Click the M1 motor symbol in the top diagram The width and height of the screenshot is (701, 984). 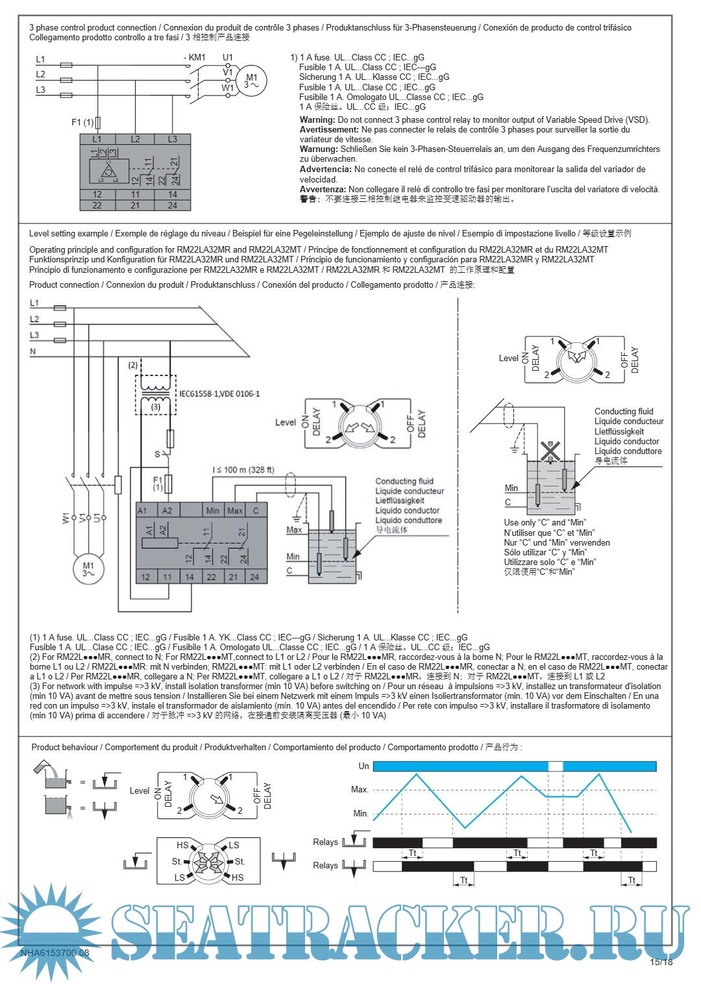point(251,81)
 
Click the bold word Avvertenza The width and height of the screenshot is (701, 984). point(323,189)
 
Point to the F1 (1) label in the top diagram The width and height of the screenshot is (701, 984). point(82,122)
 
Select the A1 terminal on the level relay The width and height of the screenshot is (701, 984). point(142,511)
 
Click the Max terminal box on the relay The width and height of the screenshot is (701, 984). point(235,511)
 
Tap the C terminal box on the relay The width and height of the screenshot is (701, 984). point(256,511)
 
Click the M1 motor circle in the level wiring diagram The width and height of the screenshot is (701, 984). point(88,569)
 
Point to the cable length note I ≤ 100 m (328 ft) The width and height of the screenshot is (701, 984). point(243,470)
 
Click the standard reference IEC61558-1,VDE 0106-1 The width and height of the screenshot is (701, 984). point(219,394)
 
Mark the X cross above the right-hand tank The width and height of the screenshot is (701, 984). point(550,450)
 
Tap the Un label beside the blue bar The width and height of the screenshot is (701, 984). point(363,766)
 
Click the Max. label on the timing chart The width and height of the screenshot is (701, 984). point(360,790)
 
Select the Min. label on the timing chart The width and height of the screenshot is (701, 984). point(361,813)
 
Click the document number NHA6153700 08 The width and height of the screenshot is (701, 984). point(55,953)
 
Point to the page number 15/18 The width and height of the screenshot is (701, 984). point(661,962)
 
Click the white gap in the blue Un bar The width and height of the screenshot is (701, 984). point(555,766)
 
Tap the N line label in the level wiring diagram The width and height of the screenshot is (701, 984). point(33,351)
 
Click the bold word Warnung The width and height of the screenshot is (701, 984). point(319,149)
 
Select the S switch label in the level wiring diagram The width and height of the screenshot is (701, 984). point(157,454)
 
